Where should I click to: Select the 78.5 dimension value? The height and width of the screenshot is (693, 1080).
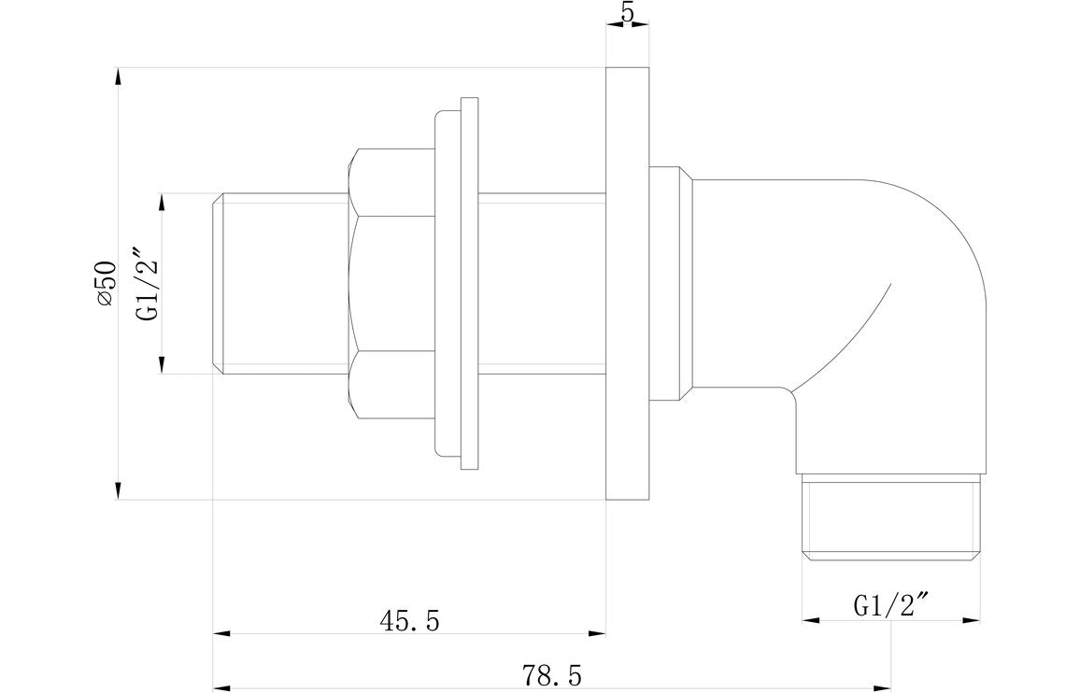550,673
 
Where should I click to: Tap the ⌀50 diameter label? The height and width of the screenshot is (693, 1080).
105,282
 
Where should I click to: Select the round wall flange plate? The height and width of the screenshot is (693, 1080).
627,284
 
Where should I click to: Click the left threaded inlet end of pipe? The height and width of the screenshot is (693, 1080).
280,284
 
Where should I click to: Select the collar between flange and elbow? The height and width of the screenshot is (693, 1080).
671,284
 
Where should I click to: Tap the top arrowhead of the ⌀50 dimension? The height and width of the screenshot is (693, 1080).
118,76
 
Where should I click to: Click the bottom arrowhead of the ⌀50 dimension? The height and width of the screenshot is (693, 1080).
118,491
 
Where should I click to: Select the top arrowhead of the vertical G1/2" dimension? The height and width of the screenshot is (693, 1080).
163,203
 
